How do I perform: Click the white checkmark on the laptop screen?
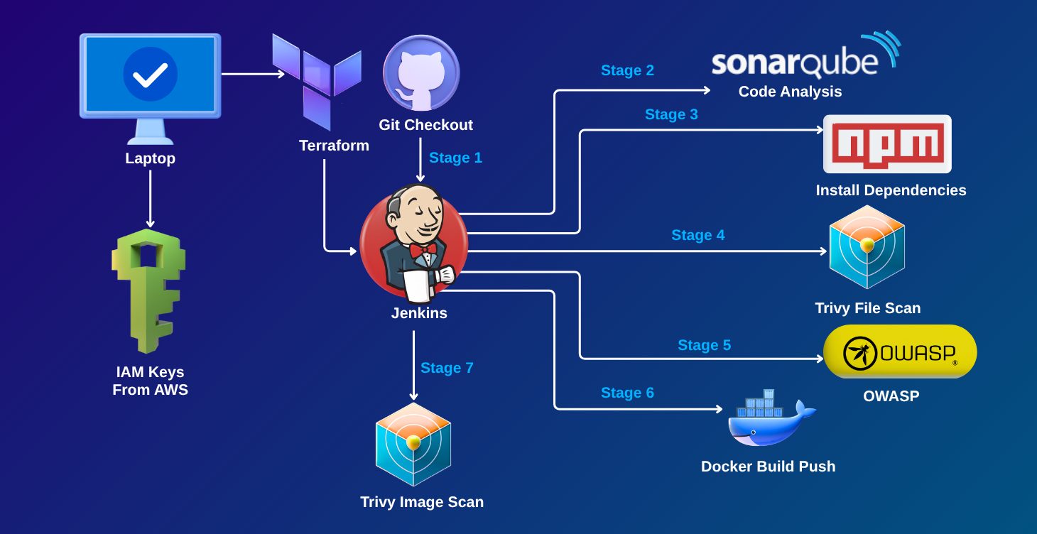point(150,74)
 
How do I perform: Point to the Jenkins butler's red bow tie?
point(423,250)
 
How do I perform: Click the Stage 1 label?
point(455,158)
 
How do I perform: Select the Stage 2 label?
point(627,70)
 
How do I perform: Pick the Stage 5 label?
point(704,345)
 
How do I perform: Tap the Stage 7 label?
point(447,368)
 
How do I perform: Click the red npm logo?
point(886,143)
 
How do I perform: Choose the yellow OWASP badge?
point(900,352)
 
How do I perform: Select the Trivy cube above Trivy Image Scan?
point(414,444)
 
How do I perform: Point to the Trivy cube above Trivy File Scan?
point(867,246)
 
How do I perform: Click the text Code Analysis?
point(790,92)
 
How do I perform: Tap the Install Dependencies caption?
point(891,190)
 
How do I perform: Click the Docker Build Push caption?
point(768,467)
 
